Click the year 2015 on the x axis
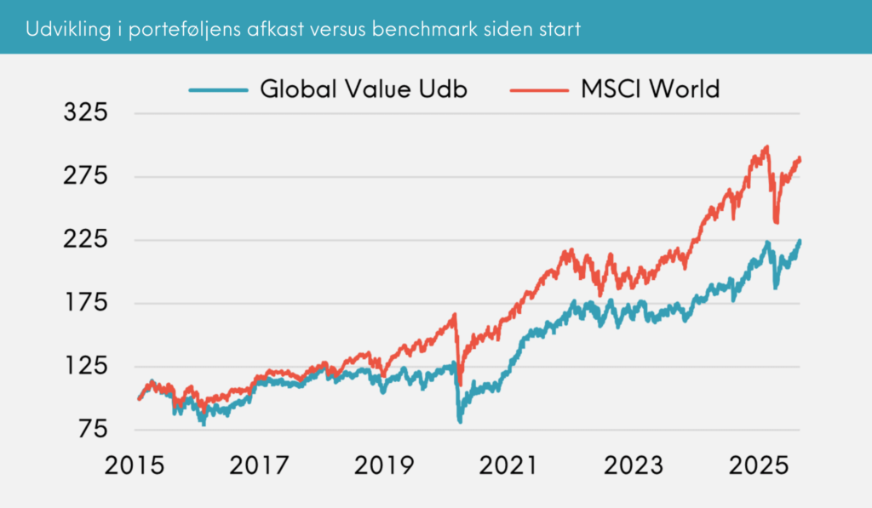tap(139, 465)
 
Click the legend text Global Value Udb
tap(364, 88)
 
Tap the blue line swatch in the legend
tap(218, 88)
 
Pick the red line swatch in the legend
tap(536, 88)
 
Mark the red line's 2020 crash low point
tap(461, 384)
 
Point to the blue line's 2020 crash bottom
tap(461, 421)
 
